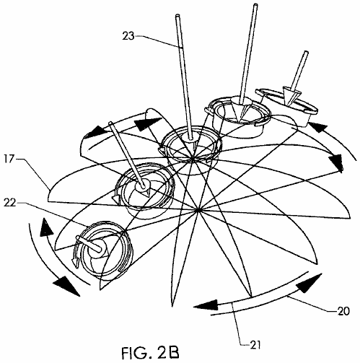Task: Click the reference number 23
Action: (128, 36)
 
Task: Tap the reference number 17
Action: (9, 159)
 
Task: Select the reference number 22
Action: (10, 203)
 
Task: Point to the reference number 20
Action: (343, 311)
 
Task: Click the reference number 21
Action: (255, 345)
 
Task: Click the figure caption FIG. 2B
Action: (150, 353)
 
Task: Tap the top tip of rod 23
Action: (177, 16)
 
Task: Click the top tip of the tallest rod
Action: (255, 5)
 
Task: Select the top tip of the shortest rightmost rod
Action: (306, 52)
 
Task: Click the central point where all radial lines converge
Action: (198, 210)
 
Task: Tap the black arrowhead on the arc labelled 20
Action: (309, 283)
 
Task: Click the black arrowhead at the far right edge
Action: (335, 162)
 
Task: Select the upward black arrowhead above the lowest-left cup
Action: (46, 227)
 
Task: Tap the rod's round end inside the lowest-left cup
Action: (78, 237)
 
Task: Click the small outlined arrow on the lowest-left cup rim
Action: (76, 262)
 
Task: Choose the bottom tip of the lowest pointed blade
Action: (172, 307)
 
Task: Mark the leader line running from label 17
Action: (34, 174)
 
